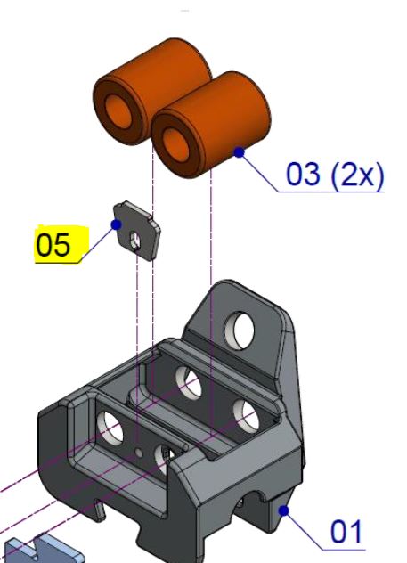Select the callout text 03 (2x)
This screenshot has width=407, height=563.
click(335, 174)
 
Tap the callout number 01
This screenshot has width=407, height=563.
click(346, 532)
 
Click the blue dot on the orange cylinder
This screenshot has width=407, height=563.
click(239, 152)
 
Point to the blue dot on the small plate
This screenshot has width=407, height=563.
click(116, 224)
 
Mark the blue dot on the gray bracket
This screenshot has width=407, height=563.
click(283, 510)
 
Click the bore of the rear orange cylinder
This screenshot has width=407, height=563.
click(118, 111)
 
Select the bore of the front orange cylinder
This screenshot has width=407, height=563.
click(175, 144)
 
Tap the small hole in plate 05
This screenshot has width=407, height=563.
click(135, 241)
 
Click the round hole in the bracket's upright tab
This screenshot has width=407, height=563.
click(239, 330)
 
